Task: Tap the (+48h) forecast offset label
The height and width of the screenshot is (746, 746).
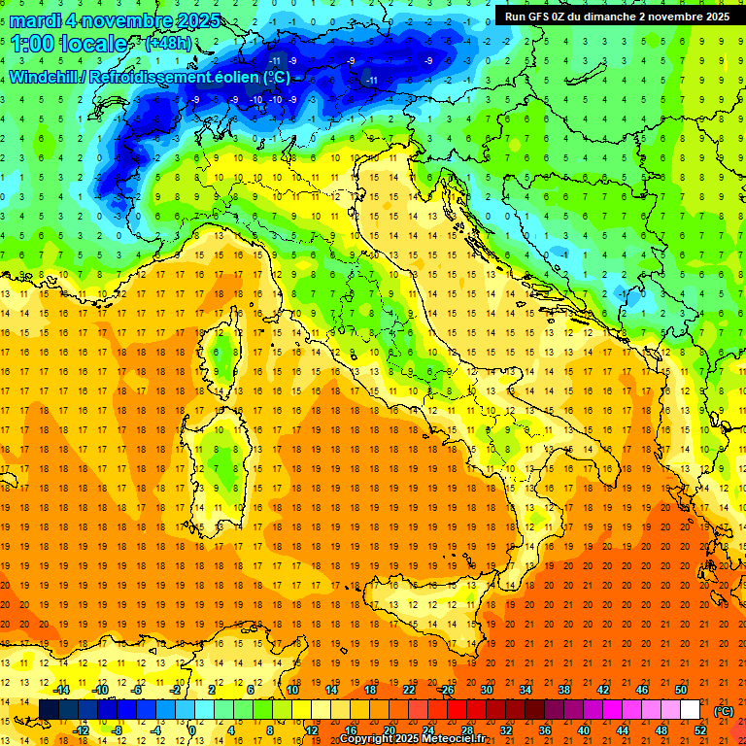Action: click(167, 44)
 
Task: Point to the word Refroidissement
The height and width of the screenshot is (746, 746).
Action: click(166, 77)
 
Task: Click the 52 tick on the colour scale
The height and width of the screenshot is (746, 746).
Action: click(700, 729)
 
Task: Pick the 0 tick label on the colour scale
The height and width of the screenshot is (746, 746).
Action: click(192, 729)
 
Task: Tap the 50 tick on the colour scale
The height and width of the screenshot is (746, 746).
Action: click(681, 689)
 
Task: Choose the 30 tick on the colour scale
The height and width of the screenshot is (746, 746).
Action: click(487, 689)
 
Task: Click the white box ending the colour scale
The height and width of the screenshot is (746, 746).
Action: click(690, 709)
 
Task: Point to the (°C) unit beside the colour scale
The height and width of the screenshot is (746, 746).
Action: click(724, 710)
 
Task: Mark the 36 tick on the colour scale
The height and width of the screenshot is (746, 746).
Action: click(545, 729)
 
